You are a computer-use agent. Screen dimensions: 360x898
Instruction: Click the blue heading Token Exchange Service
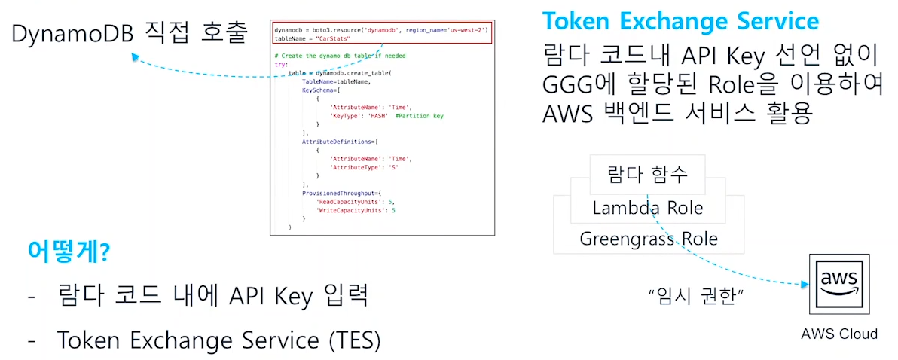click(x=680, y=20)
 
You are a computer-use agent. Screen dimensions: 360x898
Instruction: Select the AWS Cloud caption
click(x=839, y=333)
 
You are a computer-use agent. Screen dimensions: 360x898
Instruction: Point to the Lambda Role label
click(x=647, y=208)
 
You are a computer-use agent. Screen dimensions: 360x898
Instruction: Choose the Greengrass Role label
click(x=648, y=239)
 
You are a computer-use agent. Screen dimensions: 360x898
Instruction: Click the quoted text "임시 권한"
click(x=696, y=296)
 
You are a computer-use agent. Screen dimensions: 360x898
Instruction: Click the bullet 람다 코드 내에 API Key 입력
click(x=212, y=295)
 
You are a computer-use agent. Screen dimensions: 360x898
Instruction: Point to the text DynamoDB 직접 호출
click(x=129, y=33)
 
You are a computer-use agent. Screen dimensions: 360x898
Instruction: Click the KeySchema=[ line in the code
click(x=320, y=90)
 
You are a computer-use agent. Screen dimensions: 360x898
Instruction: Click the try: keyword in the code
click(x=281, y=65)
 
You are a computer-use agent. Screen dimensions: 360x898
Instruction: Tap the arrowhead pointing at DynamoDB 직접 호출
click(x=133, y=56)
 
